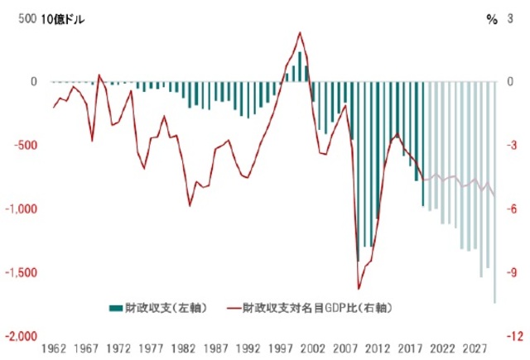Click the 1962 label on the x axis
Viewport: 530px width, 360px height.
(54, 350)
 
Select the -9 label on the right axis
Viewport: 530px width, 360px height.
(513, 272)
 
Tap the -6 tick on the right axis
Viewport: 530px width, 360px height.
(513, 209)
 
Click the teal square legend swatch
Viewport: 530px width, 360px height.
(115, 308)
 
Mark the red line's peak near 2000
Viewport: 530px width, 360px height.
(300, 33)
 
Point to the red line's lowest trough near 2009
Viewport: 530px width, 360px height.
(359, 289)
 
